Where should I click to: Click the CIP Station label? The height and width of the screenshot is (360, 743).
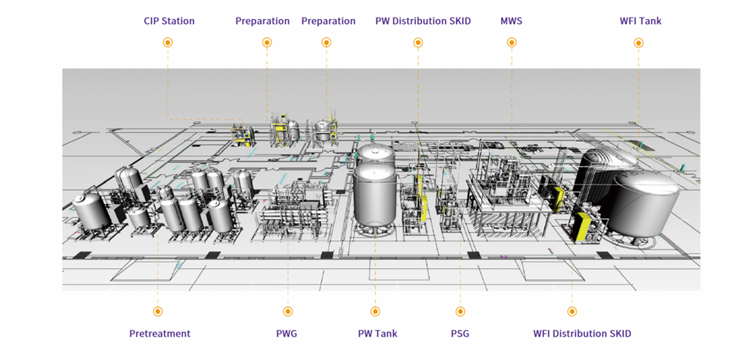tap(169, 21)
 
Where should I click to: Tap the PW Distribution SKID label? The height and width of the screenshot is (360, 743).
tap(422, 21)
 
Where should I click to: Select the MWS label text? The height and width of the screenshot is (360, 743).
tap(511, 21)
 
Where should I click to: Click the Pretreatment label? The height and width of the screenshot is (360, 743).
tap(160, 334)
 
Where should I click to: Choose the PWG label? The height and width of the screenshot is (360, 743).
tap(286, 334)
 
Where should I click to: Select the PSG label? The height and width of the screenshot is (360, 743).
tap(460, 334)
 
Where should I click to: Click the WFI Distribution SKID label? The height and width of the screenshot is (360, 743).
tap(581, 334)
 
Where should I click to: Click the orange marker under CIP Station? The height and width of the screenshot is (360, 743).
tap(168, 43)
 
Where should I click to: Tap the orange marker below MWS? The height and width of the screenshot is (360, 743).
tap(511, 43)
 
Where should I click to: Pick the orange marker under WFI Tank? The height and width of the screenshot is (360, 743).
tap(638, 43)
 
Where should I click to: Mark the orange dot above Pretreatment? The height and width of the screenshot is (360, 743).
tap(158, 312)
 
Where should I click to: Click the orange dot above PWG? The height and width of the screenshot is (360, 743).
tap(286, 312)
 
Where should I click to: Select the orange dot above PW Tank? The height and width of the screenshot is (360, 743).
tap(376, 312)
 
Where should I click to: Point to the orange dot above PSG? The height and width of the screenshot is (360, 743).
tap(460, 312)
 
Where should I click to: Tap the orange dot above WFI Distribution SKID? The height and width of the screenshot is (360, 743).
tap(572, 312)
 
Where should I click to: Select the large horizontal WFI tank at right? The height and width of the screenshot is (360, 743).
tap(644, 205)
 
